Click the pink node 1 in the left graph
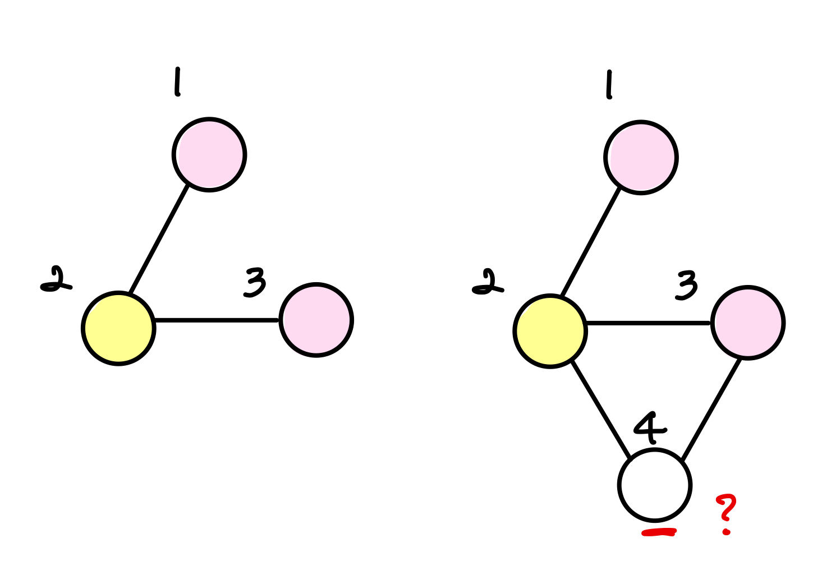(209, 155)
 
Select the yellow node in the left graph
(118, 328)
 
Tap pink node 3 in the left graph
(316, 320)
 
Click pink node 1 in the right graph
(641, 158)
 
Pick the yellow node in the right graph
(550, 331)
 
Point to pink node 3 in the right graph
(747, 323)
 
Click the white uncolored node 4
(654, 485)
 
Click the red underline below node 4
(659, 532)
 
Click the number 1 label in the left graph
(177, 82)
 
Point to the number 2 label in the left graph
(56, 280)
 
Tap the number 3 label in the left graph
(255, 282)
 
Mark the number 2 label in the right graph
(488, 283)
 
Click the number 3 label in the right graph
(687, 285)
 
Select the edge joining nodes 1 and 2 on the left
(159, 239)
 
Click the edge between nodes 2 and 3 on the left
(216, 320)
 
